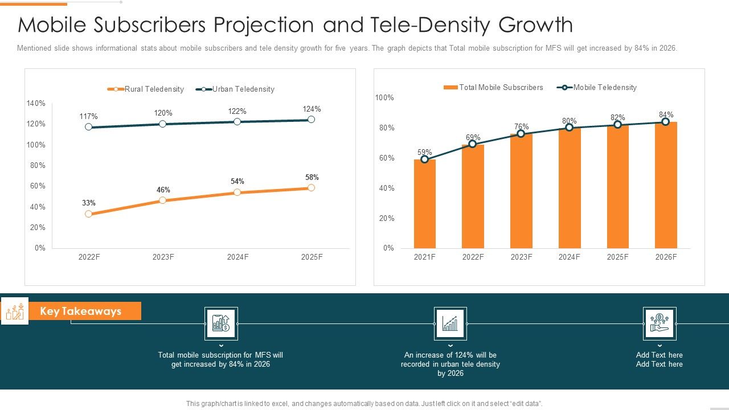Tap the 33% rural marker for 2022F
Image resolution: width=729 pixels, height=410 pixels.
pos(88,214)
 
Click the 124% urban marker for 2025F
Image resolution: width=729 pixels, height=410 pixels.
pos(311,120)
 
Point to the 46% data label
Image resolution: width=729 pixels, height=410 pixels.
pos(163,190)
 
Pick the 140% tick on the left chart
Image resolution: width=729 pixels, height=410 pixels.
pos(36,103)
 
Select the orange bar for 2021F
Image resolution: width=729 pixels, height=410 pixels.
pos(424,203)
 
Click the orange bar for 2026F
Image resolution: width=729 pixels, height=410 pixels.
pos(666,185)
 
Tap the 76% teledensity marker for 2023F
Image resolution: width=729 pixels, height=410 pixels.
pos(521,134)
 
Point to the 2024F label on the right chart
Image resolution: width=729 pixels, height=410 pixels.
pos(570,257)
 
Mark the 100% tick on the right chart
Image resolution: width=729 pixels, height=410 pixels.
pos(384,98)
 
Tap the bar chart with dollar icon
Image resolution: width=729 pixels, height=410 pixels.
pos(221,323)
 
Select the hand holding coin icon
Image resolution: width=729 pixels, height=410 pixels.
pos(660,323)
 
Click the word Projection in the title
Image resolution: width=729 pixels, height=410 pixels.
pos(262,25)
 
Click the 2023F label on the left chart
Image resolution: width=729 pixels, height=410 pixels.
pos(163,257)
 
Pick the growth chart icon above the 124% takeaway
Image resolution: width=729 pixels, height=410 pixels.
pos(450,323)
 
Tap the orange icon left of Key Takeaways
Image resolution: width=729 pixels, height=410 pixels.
pos(15,311)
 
